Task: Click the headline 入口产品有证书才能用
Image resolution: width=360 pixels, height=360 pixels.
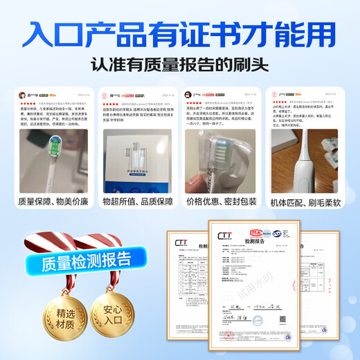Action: (180, 33)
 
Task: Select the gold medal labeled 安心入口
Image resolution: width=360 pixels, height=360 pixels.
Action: (115, 321)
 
